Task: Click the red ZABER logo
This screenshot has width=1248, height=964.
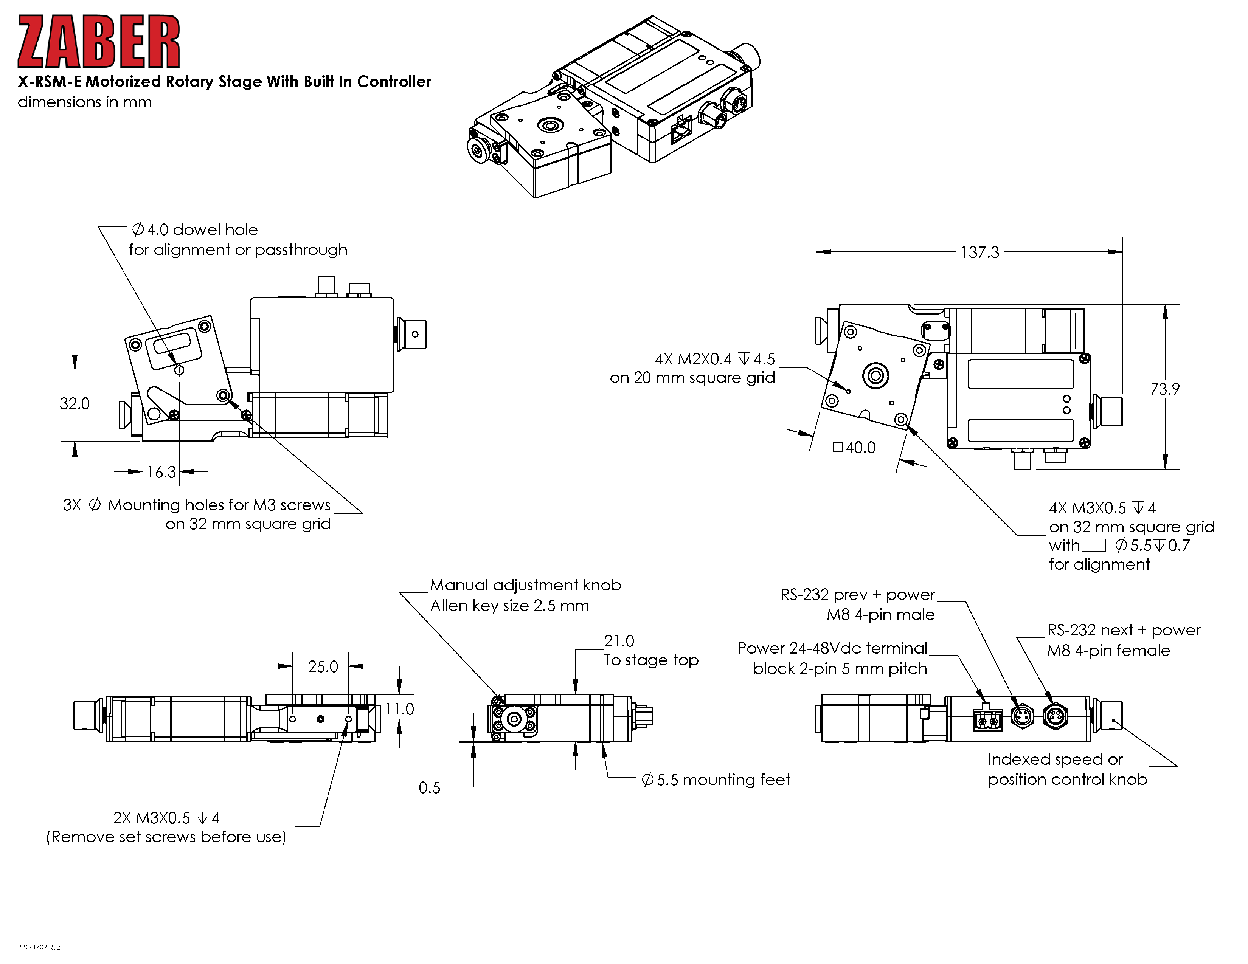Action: [98, 42]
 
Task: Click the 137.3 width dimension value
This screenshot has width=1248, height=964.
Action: [979, 253]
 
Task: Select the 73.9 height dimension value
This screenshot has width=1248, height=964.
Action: [1164, 389]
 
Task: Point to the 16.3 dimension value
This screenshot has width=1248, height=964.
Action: [161, 472]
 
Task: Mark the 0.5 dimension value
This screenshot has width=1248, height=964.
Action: [429, 788]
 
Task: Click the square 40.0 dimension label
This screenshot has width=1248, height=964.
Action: [854, 447]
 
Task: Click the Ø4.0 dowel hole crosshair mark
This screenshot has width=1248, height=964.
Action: [179, 370]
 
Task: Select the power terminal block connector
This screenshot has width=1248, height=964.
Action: [987, 720]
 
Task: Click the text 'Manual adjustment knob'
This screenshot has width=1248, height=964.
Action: [525, 585]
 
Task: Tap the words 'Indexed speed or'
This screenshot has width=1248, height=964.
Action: [1055, 759]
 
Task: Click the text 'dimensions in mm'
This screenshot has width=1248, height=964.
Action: [85, 102]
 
